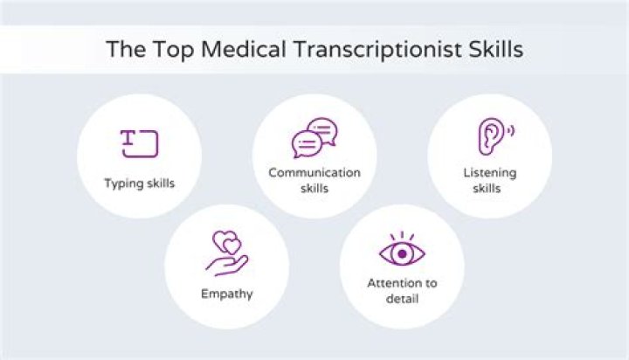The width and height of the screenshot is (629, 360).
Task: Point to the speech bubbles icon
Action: (x=314, y=137)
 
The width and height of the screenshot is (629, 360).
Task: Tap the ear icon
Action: (x=492, y=136)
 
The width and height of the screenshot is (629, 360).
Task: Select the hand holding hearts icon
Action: (x=226, y=253)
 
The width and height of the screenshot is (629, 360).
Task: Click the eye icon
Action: (x=402, y=251)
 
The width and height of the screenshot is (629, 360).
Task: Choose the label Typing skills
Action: (x=139, y=183)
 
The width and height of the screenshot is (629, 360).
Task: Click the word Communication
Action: (x=314, y=172)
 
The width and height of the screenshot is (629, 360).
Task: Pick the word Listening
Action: (x=489, y=172)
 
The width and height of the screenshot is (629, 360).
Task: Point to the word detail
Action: (x=402, y=299)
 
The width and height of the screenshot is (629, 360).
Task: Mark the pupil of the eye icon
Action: (x=402, y=253)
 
